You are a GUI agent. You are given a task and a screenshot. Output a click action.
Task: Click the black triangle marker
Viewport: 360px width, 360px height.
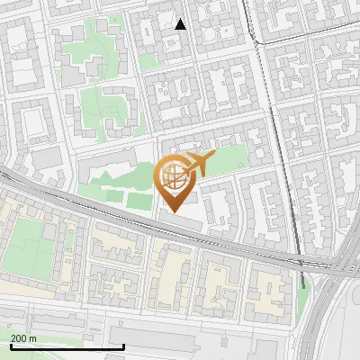(181, 24)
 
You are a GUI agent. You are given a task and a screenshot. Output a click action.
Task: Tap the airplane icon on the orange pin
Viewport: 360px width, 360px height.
(199, 164)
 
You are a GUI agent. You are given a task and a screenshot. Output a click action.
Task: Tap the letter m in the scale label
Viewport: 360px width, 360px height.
(34, 338)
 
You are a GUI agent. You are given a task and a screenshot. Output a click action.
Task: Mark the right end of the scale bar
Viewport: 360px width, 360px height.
(123, 346)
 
